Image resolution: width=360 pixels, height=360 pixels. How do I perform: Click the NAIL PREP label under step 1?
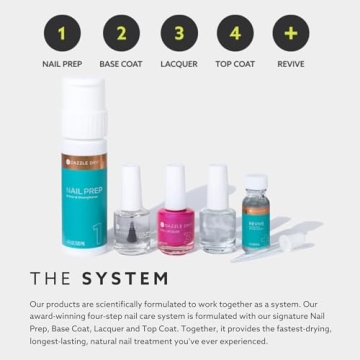(x=62, y=64)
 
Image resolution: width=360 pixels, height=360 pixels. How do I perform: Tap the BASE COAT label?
(x=120, y=64)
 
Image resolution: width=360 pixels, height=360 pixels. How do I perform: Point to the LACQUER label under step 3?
(x=178, y=64)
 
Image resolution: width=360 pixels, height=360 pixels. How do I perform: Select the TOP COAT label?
(x=235, y=64)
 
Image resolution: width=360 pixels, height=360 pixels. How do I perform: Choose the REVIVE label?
(x=292, y=64)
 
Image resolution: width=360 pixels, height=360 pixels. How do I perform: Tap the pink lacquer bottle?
(x=172, y=225)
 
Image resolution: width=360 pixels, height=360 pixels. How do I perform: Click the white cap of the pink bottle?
(x=172, y=185)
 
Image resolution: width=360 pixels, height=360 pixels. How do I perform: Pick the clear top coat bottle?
(x=217, y=228)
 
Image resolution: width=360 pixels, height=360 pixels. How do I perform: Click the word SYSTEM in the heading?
(x=125, y=279)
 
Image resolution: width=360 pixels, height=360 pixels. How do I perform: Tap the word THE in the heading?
(x=50, y=279)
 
